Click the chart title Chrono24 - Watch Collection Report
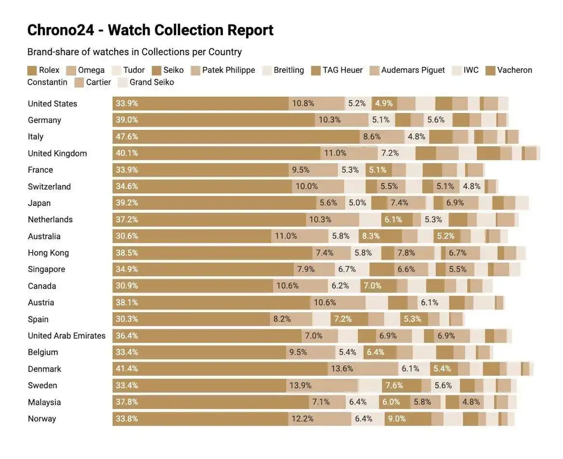pyautogui.click(x=150, y=30)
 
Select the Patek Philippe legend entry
pyautogui.click(x=223, y=70)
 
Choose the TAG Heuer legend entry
pyautogui.click(x=337, y=70)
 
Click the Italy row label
pyautogui.click(x=36, y=137)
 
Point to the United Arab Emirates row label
pyautogui.click(x=66, y=336)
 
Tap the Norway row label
pyautogui.click(x=42, y=419)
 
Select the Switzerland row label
pyautogui.click(x=49, y=187)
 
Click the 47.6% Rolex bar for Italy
pyautogui.click(x=236, y=137)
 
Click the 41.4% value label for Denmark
pyautogui.click(x=127, y=369)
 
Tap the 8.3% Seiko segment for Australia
pyautogui.click(x=380, y=236)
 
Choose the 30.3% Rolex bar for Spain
pyautogui.click(x=191, y=319)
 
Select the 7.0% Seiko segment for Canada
pyautogui.click(x=379, y=286)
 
